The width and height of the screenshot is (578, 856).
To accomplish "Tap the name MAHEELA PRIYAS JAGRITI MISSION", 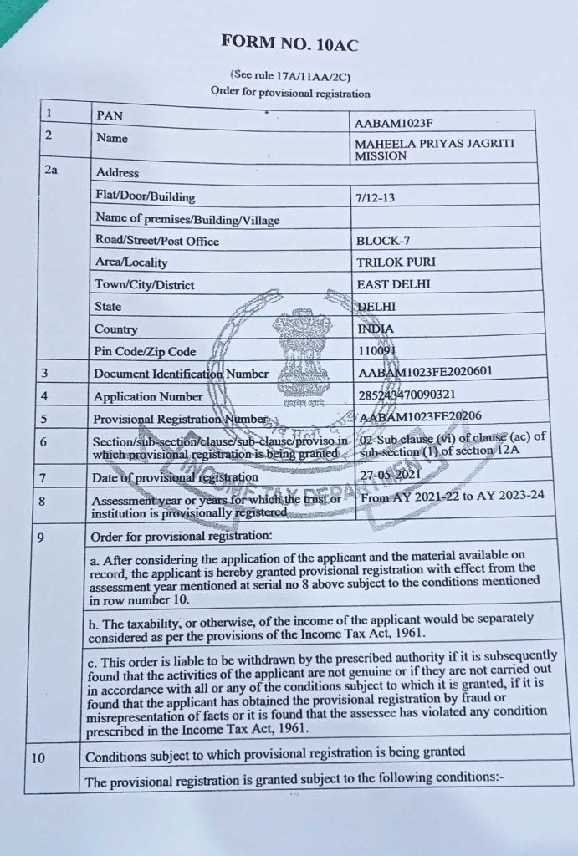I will [434, 149].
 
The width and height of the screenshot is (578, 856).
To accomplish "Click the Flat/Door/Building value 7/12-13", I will [377, 198].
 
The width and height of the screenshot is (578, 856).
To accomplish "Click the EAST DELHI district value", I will [393, 284].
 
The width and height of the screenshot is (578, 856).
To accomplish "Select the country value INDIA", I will [376, 329].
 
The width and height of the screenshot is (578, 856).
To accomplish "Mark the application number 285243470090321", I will [407, 395].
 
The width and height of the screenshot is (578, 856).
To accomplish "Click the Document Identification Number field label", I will [182, 374].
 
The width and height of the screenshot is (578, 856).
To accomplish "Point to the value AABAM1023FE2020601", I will [425, 374].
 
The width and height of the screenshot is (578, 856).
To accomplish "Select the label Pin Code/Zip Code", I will [145, 352].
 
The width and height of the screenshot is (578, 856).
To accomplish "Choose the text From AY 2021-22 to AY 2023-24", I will [451, 497].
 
